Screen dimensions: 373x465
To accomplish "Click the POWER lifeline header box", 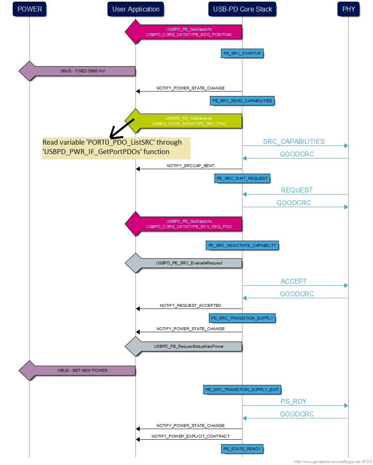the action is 29,9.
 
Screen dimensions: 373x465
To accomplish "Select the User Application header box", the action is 136,9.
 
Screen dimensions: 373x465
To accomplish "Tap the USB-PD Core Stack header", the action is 242,9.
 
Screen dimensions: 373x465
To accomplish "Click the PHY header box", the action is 348,9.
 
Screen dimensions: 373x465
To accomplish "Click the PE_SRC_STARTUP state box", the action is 242,54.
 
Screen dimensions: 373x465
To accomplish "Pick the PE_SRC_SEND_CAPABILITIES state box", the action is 242,101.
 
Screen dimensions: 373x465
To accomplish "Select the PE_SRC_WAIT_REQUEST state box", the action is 242,179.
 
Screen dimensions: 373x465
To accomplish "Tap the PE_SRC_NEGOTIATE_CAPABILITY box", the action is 242,246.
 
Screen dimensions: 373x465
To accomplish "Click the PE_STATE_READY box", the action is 242,449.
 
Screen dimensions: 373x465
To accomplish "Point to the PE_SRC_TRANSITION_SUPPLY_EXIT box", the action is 242,390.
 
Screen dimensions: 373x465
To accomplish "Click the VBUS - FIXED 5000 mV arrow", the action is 77,71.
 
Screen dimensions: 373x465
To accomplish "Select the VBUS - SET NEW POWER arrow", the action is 77,371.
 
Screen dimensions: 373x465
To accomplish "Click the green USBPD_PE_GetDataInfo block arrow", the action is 184,121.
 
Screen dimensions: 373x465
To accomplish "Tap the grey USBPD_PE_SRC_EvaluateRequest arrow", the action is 184,263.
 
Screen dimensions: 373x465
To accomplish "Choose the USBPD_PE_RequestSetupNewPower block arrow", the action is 184,347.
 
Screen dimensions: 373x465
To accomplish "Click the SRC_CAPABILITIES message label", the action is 294,141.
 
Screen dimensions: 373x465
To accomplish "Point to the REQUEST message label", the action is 297,190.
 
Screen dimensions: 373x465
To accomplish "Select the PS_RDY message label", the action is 293,401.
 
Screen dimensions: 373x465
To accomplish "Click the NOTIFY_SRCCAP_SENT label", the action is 190,166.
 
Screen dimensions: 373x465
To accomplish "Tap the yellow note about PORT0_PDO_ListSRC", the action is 116,148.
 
